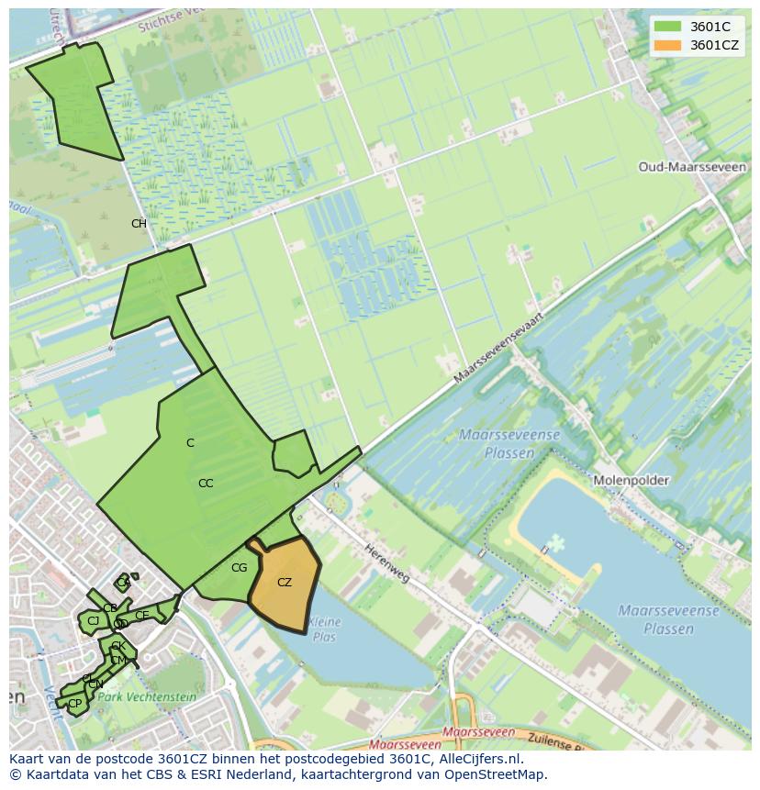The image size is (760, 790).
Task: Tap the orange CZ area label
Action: point(285,583)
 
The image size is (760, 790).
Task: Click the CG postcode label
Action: point(240,568)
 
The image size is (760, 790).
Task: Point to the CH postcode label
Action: point(139,224)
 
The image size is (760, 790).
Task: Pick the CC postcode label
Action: point(206,484)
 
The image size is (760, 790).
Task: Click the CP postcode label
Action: point(75,704)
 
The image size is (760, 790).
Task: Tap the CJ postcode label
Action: point(93,621)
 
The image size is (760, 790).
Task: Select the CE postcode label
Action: point(142,615)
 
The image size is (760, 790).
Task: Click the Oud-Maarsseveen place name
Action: point(679,168)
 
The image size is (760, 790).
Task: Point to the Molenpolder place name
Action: point(631,481)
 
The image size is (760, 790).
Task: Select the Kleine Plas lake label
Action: point(325,629)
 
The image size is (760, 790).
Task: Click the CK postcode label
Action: point(117,647)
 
